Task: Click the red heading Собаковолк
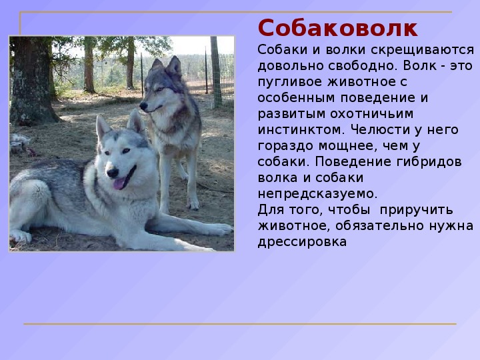point(337,28)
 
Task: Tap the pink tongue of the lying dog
point(119,183)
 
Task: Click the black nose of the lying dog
point(113,173)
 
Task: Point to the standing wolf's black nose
point(143,106)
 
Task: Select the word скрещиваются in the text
point(422,50)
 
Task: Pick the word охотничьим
point(371,114)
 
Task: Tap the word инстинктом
point(301,129)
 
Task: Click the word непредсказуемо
point(318,194)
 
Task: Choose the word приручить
point(416,210)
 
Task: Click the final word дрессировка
point(302,242)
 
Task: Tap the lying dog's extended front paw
point(219,229)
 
